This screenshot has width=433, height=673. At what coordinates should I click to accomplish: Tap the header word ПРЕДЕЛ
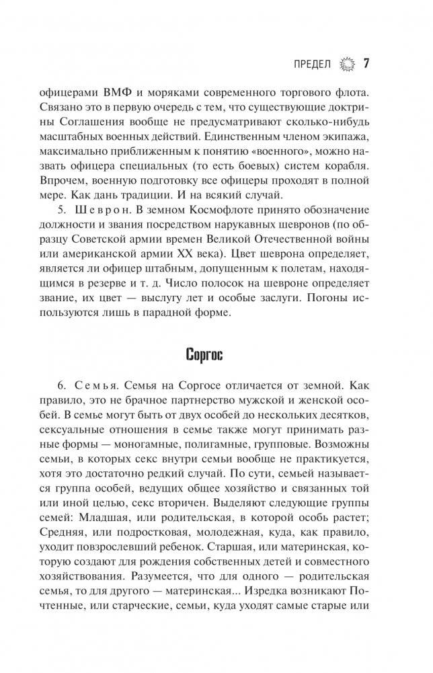313,65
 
